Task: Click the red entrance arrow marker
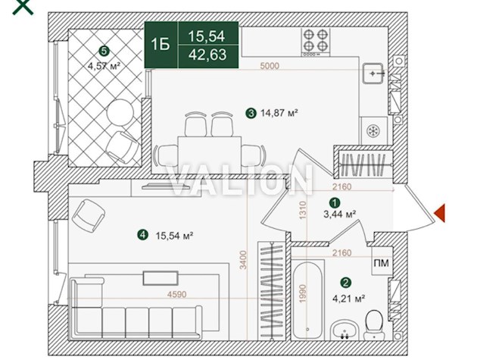pyautogui.click(x=440, y=213)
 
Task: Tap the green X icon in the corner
pyautogui.click(x=23, y=6)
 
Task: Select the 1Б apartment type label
pyautogui.click(x=161, y=45)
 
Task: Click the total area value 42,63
pyautogui.click(x=207, y=55)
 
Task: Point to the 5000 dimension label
pyautogui.click(x=270, y=66)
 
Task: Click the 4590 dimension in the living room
pyautogui.click(x=176, y=294)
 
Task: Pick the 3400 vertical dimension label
pyautogui.click(x=243, y=260)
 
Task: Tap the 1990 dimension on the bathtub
pyautogui.click(x=302, y=293)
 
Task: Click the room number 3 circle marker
pyautogui.click(x=251, y=114)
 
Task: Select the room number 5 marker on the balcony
pyautogui.click(x=104, y=51)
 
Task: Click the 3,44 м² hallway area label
pyautogui.click(x=339, y=214)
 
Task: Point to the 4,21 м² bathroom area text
pyautogui.click(x=348, y=299)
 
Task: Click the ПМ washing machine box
pyautogui.click(x=381, y=262)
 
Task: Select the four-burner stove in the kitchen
pyautogui.click(x=316, y=42)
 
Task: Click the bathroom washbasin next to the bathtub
pyautogui.click(x=344, y=330)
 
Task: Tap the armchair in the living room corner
pyautogui.click(x=89, y=215)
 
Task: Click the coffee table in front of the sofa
pyautogui.click(x=161, y=278)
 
